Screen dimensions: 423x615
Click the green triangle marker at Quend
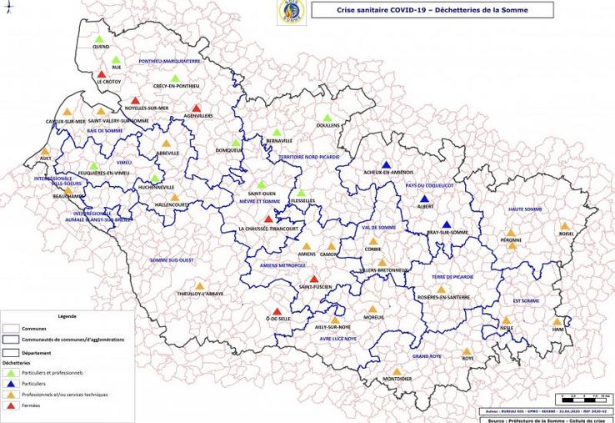tap(100, 39)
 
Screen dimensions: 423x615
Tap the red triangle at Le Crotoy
tap(102, 73)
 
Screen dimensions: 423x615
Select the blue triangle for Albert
tap(425, 198)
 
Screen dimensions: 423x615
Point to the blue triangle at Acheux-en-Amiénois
tap(385, 164)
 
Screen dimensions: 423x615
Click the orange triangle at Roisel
tap(564, 226)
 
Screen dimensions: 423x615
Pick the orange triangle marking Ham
tap(557, 321)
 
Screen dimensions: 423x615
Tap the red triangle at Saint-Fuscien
tap(314, 279)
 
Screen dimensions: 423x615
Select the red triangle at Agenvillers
tap(197, 108)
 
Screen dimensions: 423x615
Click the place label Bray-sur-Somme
tap(448, 233)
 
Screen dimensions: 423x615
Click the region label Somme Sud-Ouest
tap(172, 260)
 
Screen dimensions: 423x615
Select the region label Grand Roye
tap(425, 356)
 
